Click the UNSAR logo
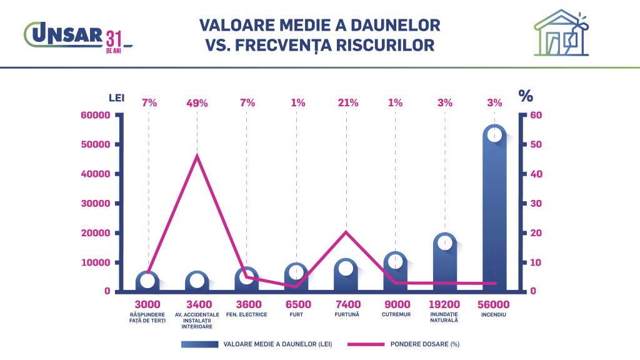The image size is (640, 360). (x=69, y=36)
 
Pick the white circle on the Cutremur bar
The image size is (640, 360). (x=396, y=261)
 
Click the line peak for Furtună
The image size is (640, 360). (x=346, y=232)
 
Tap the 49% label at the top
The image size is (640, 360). (x=197, y=103)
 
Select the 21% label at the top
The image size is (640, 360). (x=346, y=103)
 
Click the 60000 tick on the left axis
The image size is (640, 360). (x=95, y=115)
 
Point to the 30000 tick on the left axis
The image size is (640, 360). (x=95, y=203)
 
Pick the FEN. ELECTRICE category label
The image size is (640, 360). (x=247, y=314)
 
